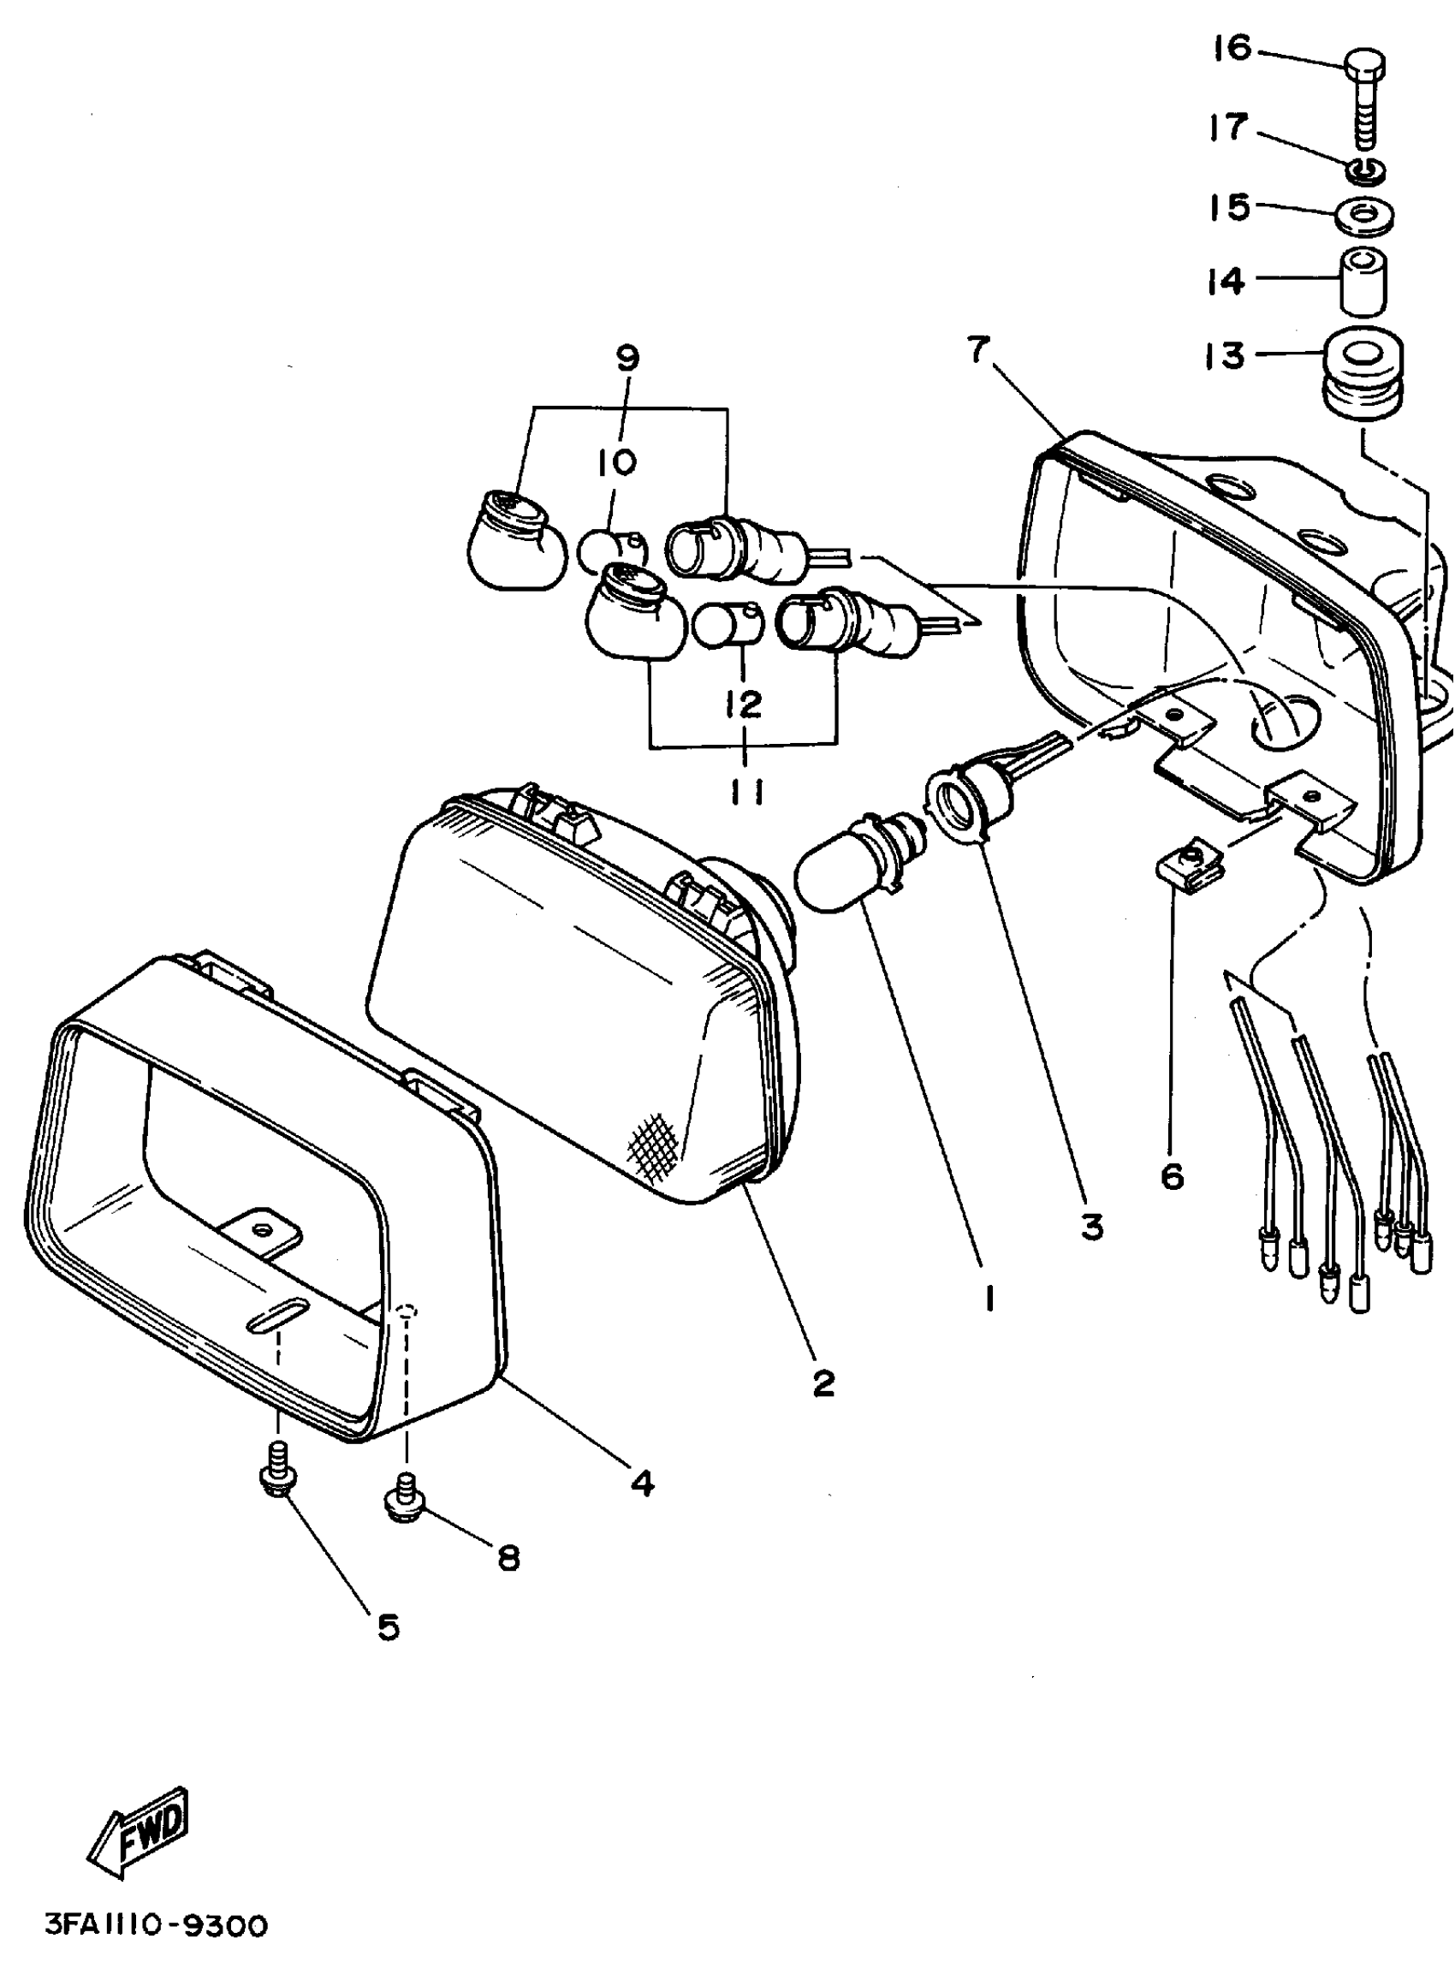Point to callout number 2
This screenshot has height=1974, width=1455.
coord(823,1383)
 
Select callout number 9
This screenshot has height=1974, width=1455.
coord(628,359)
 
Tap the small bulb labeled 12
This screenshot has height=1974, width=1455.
coord(722,625)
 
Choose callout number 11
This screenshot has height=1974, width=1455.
coord(745,792)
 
